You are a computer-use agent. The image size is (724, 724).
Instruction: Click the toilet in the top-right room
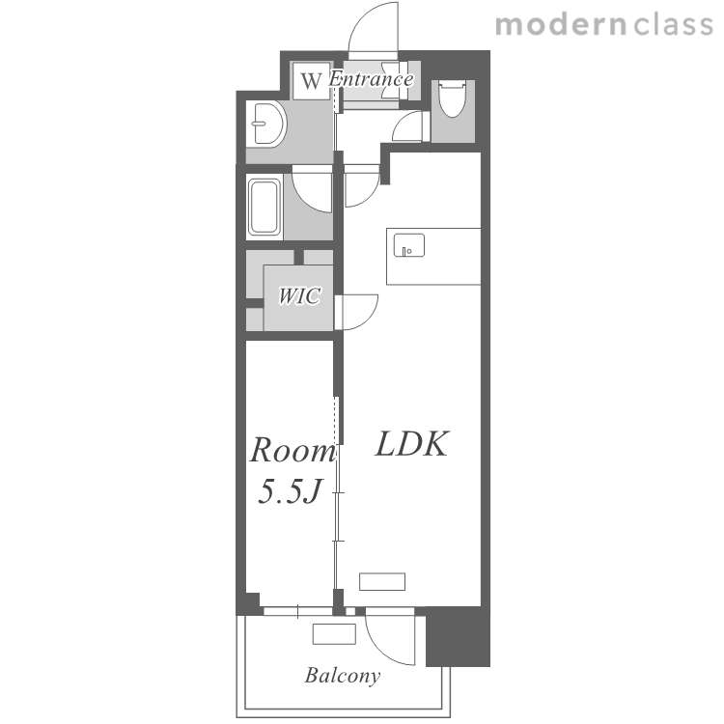[x=452, y=97]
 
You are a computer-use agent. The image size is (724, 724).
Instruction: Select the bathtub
[x=265, y=207]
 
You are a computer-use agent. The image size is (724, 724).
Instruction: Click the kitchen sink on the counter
[x=409, y=245]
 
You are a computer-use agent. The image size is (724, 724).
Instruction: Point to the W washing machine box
[x=311, y=80]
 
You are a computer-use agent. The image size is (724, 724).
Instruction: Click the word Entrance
[x=371, y=79]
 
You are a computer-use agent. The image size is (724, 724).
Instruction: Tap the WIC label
[x=299, y=295]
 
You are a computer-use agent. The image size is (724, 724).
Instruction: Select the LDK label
[x=412, y=444]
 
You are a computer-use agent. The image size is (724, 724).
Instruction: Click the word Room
[x=292, y=450]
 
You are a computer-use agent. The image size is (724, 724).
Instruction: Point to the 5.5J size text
[x=289, y=490]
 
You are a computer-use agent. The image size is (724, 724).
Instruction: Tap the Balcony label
[x=343, y=676]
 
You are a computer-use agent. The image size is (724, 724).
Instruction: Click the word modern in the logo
[x=561, y=25]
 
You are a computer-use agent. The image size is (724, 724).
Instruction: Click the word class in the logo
[x=673, y=25]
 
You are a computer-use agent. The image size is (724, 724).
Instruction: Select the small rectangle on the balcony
[x=334, y=633]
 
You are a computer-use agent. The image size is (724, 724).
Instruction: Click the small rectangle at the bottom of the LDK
[x=382, y=581]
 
